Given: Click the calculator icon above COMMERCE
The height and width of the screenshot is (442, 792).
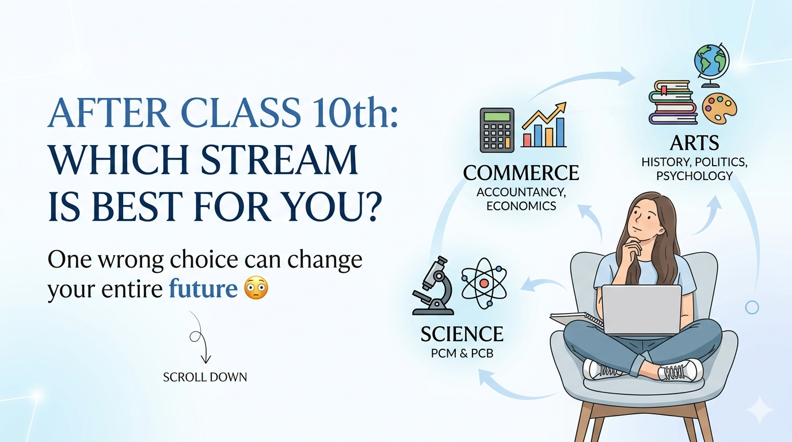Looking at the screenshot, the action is pos(497,130).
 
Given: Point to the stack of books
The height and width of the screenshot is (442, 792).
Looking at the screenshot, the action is pos(673,102).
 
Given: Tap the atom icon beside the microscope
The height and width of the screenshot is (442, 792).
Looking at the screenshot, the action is pos(484,283).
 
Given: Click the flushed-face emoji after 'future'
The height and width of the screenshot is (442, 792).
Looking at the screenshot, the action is pos(256,288).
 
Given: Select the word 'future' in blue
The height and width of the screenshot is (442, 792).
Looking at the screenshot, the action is pos(203,288).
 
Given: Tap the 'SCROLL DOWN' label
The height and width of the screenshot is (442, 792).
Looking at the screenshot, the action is pos(205,378).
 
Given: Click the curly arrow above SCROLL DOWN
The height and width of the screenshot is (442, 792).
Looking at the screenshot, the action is pos(200,338).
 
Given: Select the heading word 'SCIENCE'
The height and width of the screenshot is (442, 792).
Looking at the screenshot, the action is pos(462,334).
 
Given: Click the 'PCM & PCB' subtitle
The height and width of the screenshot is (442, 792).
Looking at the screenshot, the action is pos(462,353).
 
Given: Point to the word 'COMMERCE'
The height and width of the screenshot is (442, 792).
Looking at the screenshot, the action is pos(521,173).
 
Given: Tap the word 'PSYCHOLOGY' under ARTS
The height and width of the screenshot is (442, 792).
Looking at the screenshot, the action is pos(694,176).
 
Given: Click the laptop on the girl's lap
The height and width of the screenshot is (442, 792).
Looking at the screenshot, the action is pos(642,310).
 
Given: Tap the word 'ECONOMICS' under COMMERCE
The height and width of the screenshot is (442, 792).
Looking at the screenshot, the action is pos(521,206).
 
